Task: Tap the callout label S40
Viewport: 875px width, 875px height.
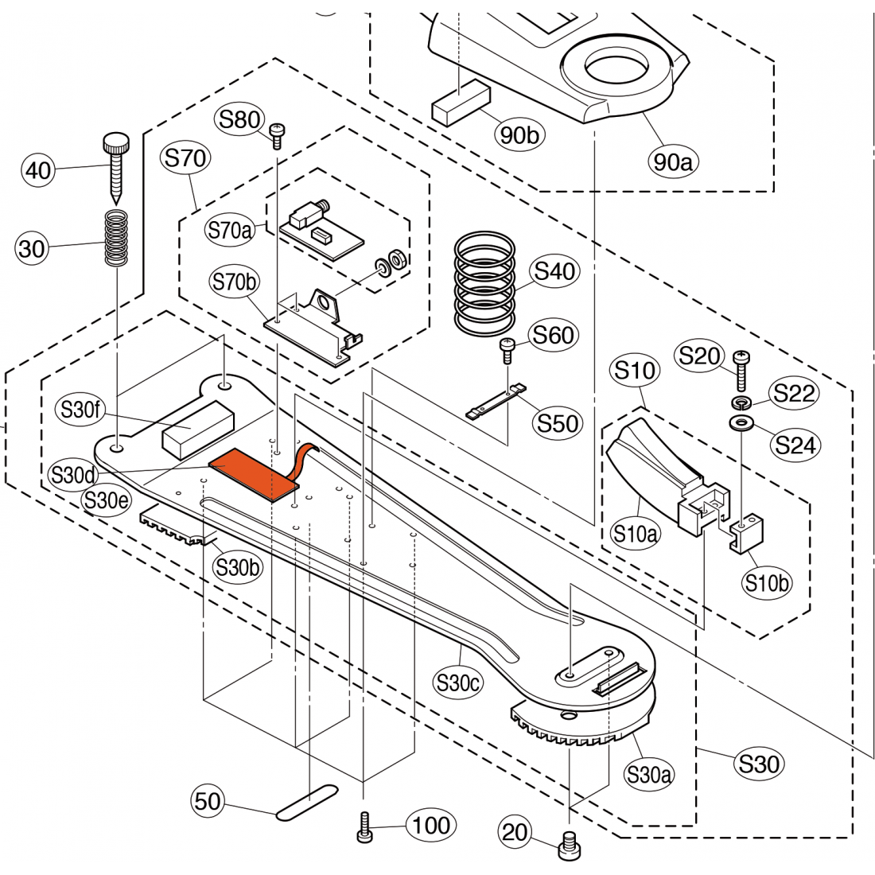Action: click(554, 272)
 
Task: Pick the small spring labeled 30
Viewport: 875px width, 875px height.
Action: click(118, 238)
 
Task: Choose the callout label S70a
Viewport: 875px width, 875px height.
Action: click(229, 231)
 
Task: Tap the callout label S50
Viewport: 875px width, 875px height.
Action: click(558, 422)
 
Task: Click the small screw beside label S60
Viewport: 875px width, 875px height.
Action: click(507, 348)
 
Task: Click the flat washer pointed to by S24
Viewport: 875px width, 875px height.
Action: click(741, 421)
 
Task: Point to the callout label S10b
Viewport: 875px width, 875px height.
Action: click(768, 583)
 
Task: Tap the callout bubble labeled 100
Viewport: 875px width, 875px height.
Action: click(432, 826)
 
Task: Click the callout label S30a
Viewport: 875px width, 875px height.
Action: click(649, 773)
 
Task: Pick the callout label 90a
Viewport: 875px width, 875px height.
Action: click(673, 161)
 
